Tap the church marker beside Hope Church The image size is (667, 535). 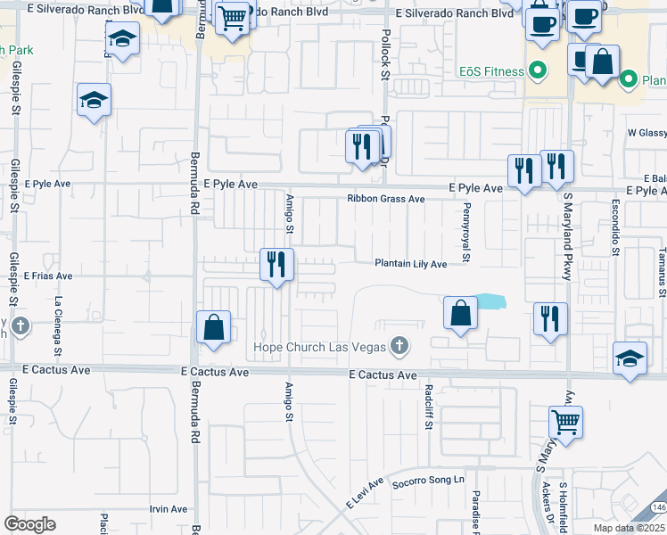coord(400,346)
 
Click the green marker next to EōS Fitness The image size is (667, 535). coord(538,70)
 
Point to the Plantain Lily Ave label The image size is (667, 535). coord(410,264)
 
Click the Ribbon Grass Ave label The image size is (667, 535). coord(386,199)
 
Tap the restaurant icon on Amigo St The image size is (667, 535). coord(276,264)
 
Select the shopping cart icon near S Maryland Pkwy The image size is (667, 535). coord(565,422)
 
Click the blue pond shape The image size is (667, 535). coord(490,301)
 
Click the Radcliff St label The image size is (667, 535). coord(429,407)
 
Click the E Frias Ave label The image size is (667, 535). coord(48,276)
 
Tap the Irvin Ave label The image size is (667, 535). coord(168,509)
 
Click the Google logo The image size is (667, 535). coord(29,524)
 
